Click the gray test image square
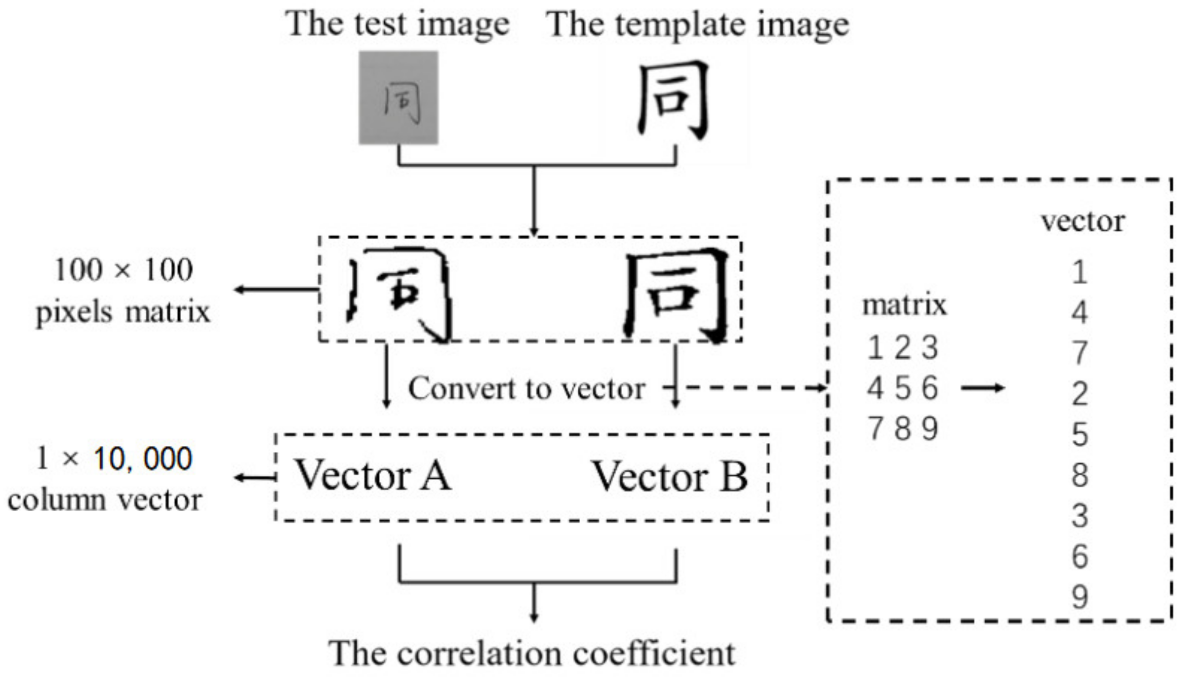tap(398, 97)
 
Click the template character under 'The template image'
tap(673, 100)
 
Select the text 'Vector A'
tap(373, 476)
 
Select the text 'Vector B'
tap(669, 477)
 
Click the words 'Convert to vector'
tap(526, 389)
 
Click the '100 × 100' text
tap(124, 270)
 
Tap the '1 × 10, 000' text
tap(114, 459)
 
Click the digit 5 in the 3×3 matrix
tap(902, 388)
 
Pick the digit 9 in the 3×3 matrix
tap(930, 429)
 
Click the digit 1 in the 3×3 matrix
tap(875, 348)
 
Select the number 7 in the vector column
tap(1080, 353)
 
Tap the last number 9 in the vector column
tap(1080, 597)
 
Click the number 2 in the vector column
tap(1080, 394)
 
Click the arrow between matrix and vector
tap(983, 388)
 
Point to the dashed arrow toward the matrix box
tap(753, 388)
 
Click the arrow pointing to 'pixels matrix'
tap(276, 289)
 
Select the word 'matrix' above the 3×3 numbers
tap(904, 305)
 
